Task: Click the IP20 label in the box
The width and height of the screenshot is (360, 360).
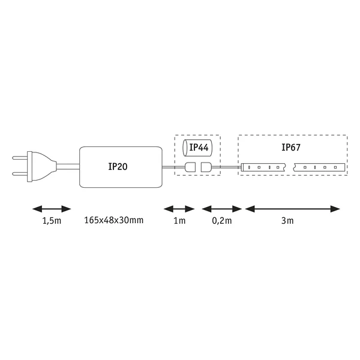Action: coord(118,166)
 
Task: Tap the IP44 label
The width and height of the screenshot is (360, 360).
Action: coord(199,148)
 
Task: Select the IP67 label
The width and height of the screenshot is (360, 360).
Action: coord(291,148)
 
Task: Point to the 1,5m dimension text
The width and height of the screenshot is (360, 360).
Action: coord(52,221)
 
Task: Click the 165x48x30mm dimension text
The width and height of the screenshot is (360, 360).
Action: coord(114,220)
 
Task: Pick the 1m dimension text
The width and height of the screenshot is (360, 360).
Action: coord(179,221)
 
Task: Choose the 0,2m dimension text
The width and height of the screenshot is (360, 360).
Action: coord(222,221)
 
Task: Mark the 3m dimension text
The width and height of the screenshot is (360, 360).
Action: coord(287,221)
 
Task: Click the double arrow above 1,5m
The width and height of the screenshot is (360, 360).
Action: coord(52,209)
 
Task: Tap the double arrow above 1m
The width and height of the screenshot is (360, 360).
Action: coord(179,209)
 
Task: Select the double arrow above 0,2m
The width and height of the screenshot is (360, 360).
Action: coord(222,209)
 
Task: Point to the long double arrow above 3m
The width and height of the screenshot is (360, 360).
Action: coord(293,209)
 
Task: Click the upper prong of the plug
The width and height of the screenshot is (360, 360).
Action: coord(20,158)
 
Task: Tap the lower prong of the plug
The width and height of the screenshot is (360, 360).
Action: coord(20,173)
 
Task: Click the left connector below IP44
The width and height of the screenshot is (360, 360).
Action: coord(190,167)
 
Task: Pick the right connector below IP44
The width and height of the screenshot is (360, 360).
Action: coord(206,167)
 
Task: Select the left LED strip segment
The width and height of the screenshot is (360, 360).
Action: coord(263,167)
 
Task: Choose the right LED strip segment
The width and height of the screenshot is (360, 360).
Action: coord(319,167)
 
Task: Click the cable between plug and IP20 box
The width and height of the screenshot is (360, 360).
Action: coord(68,167)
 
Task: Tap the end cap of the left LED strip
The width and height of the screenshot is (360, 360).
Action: coord(242,167)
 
